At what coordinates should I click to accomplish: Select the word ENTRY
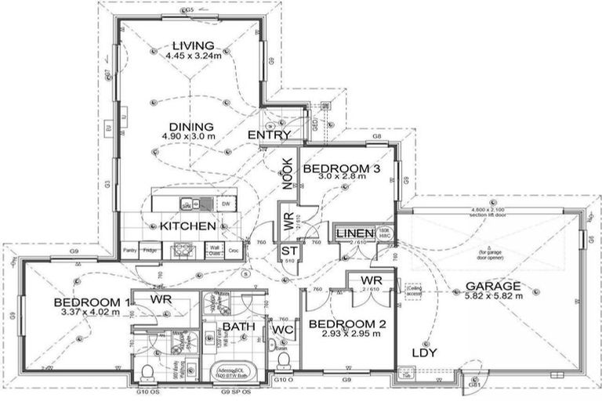(x=269, y=135)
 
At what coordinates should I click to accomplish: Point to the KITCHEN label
(x=187, y=226)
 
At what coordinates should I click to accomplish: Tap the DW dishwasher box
(x=226, y=204)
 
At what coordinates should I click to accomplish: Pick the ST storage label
(x=288, y=250)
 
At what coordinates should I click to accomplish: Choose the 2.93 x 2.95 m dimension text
(x=344, y=334)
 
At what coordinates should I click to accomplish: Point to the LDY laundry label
(x=424, y=352)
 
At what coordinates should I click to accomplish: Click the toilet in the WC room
(x=284, y=362)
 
